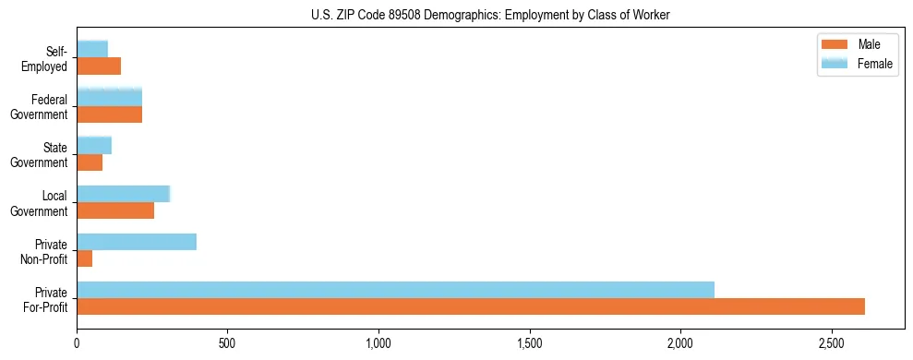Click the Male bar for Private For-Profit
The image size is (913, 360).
tap(471, 306)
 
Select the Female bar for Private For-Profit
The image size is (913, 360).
tap(395, 290)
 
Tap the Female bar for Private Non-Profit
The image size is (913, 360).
tap(137, 242)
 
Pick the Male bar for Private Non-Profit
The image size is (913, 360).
tap(85, 258)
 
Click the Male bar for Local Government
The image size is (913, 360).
tap(115, 210)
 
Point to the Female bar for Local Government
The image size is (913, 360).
tap(124, 194)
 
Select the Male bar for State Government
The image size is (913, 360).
tap(90, 162)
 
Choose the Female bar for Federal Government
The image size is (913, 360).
tap(109, 97)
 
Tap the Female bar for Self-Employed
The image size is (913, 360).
tap(92, 49)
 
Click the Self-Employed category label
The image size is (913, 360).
tap(46, 58)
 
